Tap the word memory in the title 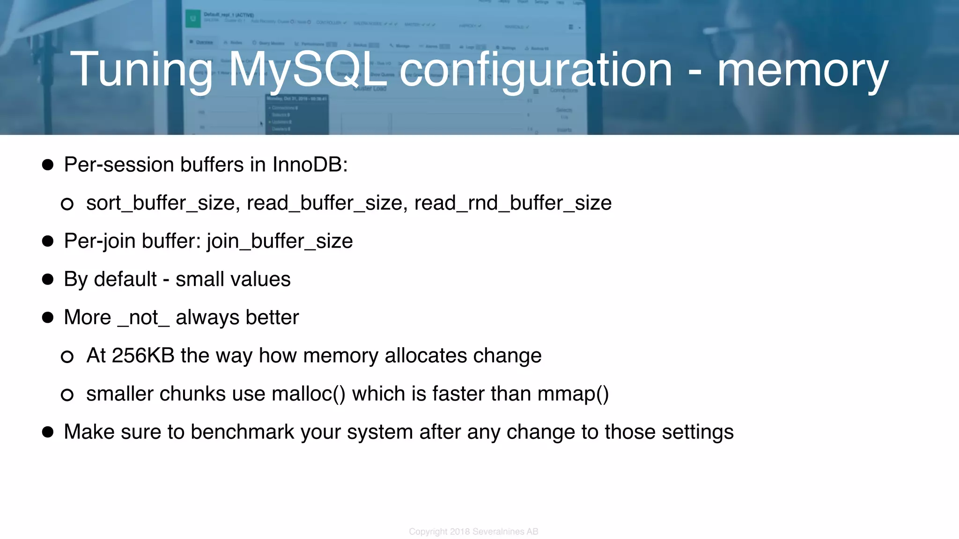pyautogui.click(x=803, y=70)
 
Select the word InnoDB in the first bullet pyautogui.click(x=310, y=165)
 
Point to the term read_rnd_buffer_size pyautogui.click(x=513, y=203)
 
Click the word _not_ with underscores pyautogui.click(x=143, y=318)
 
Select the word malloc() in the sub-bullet pyautogui.click(x=308, y=394)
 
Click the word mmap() pyautogui.click(x=573, y=394)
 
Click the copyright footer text pyautogui.click(x=473, y=532)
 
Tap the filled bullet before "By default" pyautogui.click(x=48, y=279)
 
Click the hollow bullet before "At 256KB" pyautogui.click(x=67, y=357)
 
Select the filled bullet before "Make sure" pyautogui.click(x=48, y=432)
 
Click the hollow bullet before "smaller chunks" pyautogui.click(x=67, y=395)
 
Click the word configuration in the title pyautogui.click(x=536, y=70)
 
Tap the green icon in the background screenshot pyautogui.click(x=192, y=19)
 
